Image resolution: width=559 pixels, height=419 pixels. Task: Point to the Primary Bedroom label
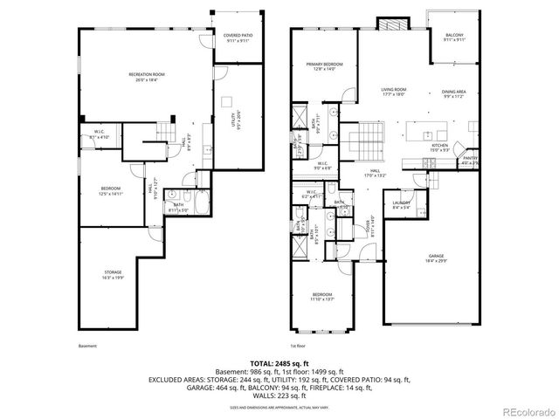pos(324,66)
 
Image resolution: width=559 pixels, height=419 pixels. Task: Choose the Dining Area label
pos(453,94)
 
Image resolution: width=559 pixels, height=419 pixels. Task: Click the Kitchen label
pos(440,148)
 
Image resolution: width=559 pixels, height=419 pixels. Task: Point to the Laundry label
pos(402,204)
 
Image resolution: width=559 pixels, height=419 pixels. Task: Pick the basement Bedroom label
pos(110,191)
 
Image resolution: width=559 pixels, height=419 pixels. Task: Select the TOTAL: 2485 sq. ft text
pos(279,362)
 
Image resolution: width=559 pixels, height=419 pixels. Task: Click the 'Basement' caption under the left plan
pos(87,346)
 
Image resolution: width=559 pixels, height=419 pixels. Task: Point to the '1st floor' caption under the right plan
pos(299,346)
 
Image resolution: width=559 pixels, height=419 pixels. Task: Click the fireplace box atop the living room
pos(386,22)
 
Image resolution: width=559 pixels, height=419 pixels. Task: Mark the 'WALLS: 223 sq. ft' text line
pos(279,395)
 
